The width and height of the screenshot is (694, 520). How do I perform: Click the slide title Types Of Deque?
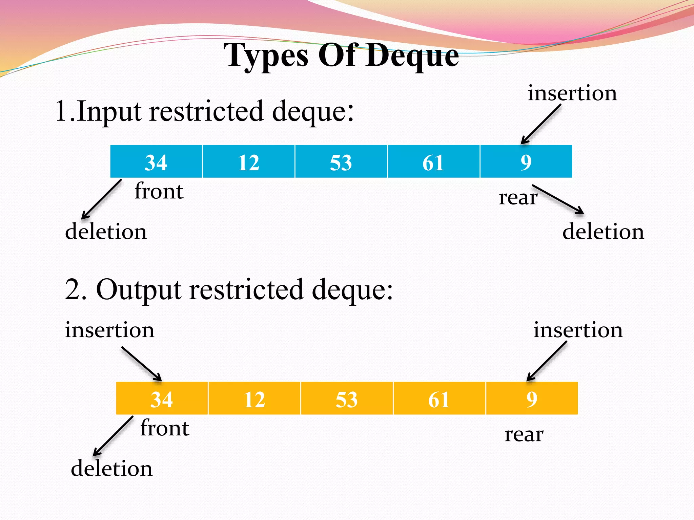341,56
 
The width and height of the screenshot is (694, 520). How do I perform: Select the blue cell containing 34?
156,162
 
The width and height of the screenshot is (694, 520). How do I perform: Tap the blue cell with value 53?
341,162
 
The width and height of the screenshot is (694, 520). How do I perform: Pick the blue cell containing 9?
526,162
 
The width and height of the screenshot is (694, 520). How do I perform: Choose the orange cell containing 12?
254,399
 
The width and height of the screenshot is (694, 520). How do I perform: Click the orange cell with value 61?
439,399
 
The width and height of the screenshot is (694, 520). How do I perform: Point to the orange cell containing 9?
532,399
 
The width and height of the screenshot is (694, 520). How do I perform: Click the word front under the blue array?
159,191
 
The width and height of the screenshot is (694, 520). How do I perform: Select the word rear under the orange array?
524,434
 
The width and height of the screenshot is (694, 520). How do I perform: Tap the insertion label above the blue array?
572,93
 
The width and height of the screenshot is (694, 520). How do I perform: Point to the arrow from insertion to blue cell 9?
541,124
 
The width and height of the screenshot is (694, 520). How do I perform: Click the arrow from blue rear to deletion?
558,199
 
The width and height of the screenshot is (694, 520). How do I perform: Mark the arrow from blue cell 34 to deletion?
101,199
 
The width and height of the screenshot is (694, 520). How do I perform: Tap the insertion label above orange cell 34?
109,330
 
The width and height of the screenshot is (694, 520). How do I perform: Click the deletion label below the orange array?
111,469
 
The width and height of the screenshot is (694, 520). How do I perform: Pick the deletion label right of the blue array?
603,232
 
